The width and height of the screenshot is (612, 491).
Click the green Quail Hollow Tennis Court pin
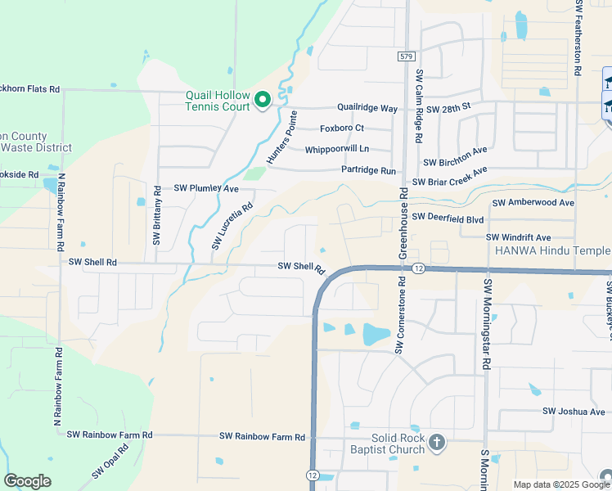click(x=263, y=100)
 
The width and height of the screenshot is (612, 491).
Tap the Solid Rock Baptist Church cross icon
click(x=437, y=444)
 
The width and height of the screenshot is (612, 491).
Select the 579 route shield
click(x=407, y=56)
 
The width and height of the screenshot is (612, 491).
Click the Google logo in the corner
click(x=27, y=481)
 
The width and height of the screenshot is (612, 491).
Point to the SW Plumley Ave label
click(x=205, y=188)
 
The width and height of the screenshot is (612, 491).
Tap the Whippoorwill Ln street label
click(x=337, y=149)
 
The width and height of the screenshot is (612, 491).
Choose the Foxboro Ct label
click(x=342, y=128)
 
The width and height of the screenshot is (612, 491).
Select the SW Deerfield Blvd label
click(x=448, y=218)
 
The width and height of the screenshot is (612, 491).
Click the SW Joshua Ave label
click(x=574, y=412)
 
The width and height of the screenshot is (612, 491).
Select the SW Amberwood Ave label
click(x=533, y=202)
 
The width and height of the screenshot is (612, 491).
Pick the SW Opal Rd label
click(x=110, y=461)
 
